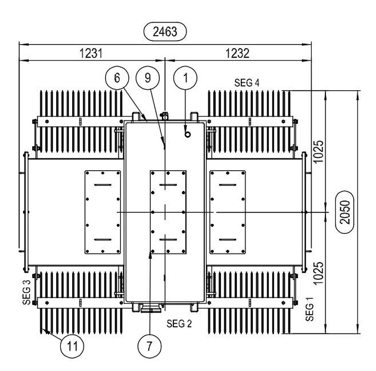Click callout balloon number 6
[x=117, y=78]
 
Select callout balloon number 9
[x=148, y=78]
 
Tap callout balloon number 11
[x=72, y=345]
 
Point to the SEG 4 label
[x=247, y=82]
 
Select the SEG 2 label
[x=180, y=323]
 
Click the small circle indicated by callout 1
[x=187, y=134]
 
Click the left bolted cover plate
[x=102, y=212]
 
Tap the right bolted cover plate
[x=228, y=212]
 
